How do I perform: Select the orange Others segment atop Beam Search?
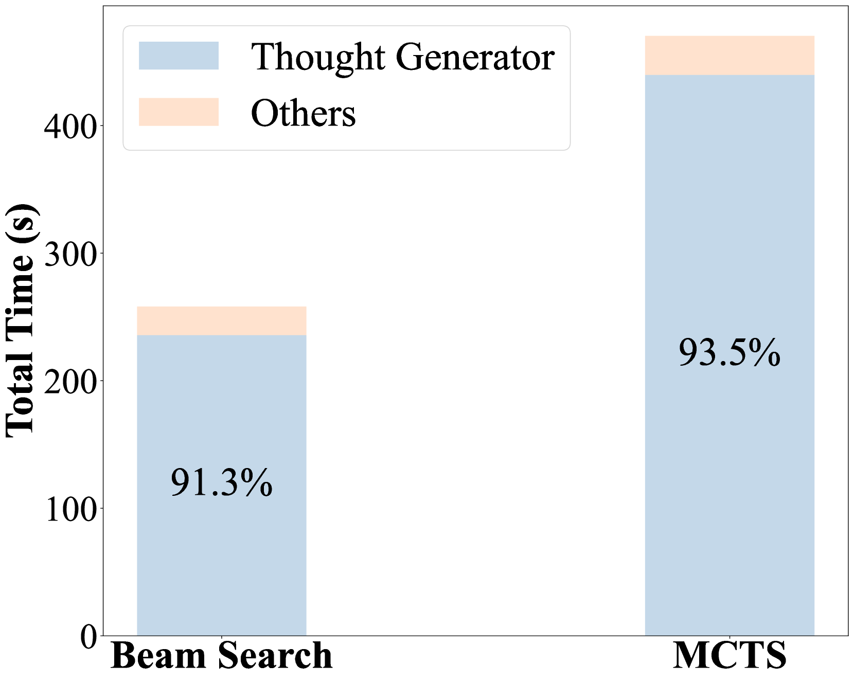221,321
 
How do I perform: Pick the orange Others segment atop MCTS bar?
730,56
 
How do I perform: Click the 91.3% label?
221,483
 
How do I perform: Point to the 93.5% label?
730,353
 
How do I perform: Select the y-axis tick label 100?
71,510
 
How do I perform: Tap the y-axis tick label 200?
71,383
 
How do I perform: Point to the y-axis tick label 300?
71,255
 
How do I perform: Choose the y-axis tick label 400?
71,128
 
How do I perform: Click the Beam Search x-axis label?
221,656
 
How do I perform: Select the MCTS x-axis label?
730,656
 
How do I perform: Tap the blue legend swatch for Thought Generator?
179,56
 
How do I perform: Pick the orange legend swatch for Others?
179,112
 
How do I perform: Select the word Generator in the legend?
475,57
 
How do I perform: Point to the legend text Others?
303,113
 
